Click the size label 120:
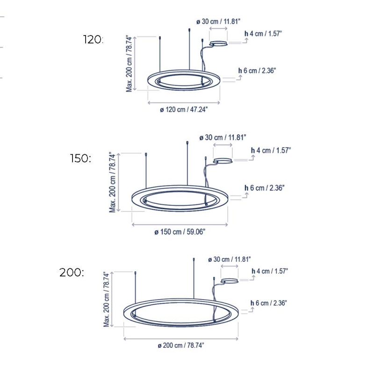pos(93,40)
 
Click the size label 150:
pos(81,158)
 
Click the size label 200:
pos(72,273)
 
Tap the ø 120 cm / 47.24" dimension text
pos(184,109)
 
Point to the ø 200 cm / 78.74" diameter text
pos(181,345)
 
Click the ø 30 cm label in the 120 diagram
pos(218,22)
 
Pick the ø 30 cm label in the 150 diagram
pos(223,137)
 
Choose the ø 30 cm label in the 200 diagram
pos(230,259)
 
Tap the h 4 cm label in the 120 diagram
pos(263,34)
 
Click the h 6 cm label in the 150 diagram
pos(265,188)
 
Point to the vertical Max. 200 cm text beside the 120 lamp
pos(129,64)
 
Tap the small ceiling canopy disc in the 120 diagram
pos(219,44)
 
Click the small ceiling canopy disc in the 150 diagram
pos(223,161)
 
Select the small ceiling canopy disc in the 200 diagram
pos(230,281)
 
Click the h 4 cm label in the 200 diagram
pos(270,271)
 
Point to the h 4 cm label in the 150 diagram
pos(271,151)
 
